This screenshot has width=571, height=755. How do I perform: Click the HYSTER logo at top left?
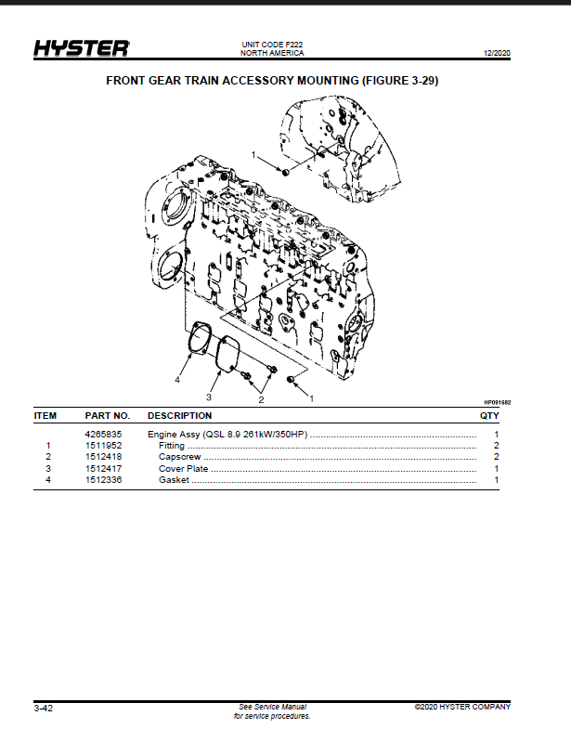tap(82, 48)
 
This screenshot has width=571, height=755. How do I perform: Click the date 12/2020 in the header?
tap(497, 53)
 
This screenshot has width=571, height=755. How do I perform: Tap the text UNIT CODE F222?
tap(272, 45)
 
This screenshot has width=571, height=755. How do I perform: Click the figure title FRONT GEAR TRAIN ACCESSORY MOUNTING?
tap(232, 81)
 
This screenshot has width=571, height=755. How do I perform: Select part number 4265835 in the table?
tap(103, 434)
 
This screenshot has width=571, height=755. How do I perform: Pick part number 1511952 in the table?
tap(103, 446)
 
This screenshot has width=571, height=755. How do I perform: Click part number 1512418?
tap(103, 457)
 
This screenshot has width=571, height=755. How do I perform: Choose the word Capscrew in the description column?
tap(179, 457)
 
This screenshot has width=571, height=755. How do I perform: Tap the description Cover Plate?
tap(184, 468)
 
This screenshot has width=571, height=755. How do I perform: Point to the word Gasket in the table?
tap(174, 480)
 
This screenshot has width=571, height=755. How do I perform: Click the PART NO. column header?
tap(108, 415)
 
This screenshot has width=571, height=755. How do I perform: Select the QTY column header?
tap(489, 415)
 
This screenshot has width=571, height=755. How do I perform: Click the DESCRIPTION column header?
tap(179, 415)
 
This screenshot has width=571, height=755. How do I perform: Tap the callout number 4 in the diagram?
tap(177, 380)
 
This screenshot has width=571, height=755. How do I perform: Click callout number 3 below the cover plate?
tap(209, 397)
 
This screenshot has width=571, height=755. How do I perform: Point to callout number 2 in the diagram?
tap(261, 399)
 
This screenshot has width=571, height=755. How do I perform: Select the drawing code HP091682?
tap(498, 402)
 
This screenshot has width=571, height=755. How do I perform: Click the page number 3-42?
tap(44, 709)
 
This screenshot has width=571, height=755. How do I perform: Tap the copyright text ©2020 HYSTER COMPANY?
tap(462, 707)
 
